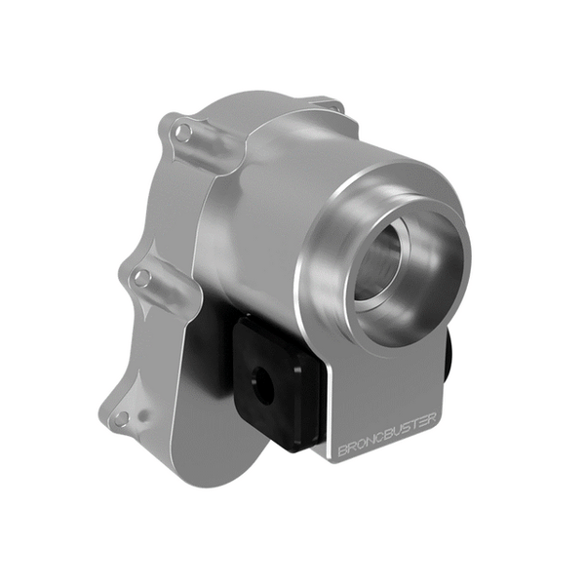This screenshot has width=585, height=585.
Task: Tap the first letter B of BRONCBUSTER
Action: [x=342, y=450]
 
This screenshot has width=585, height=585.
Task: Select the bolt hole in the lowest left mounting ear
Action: [x=120, y=418]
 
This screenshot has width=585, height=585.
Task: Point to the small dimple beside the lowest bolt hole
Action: [x=142, y=416]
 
